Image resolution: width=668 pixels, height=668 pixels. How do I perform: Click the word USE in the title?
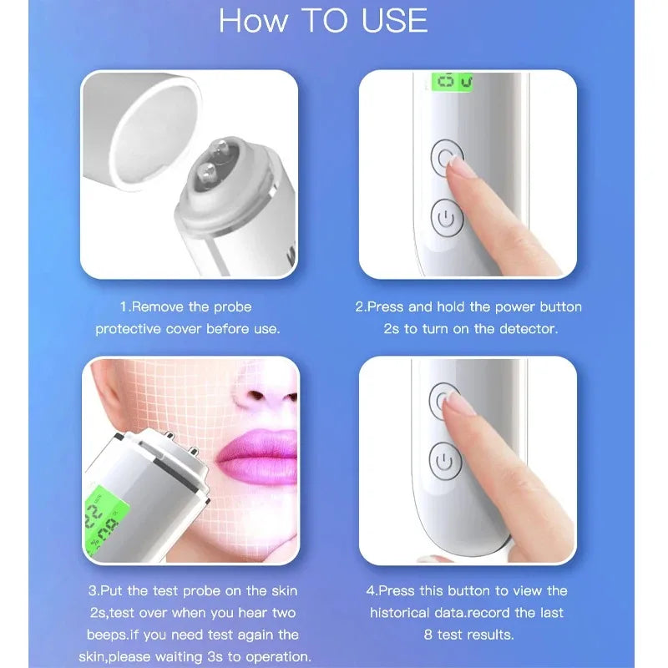coord(394,21)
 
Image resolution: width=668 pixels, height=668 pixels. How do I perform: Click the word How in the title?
coord(250,21)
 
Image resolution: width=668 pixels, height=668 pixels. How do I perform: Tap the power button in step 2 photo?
coord(447,219)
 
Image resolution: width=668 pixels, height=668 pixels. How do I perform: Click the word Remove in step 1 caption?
coord(163,306)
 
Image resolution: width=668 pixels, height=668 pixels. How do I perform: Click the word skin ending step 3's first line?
coord(281,590)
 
